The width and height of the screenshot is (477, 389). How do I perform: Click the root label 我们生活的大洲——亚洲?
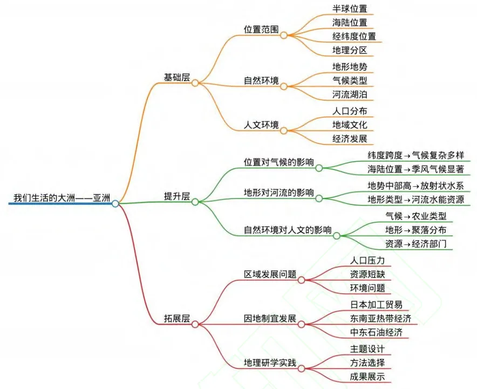(62, 198)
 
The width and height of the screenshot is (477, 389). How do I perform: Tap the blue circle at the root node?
(115, 203)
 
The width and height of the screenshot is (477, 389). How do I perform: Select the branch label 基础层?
(177, 77)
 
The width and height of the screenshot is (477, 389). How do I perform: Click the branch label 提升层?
(177, 196)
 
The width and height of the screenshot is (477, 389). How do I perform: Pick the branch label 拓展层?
(177, 318)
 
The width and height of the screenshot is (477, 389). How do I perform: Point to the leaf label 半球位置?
(350, 9)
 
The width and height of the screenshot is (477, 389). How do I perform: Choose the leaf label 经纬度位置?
(354, 37)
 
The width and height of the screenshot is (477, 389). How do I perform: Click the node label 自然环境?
(261, 80)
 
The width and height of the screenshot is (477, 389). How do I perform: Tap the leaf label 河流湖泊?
(350, 94)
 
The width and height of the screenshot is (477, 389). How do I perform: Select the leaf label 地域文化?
(350, 125)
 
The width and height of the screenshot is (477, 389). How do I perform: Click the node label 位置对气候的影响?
(278, 162)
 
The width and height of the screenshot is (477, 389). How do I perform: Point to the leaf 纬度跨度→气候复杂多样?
(415, 155)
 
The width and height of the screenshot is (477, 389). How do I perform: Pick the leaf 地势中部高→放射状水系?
(415, 186)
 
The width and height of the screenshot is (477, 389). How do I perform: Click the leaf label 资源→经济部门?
(415, 244)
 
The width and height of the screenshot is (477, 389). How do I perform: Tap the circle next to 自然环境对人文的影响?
(337, 236)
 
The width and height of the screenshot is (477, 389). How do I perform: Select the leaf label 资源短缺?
(367, 274)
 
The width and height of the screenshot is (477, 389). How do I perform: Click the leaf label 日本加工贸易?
(376, 305)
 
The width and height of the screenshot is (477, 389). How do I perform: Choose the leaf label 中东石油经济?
(376, 332)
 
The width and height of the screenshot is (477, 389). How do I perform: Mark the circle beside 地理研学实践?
(301, 369)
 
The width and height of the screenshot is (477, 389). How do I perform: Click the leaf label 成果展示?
(367, 377)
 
